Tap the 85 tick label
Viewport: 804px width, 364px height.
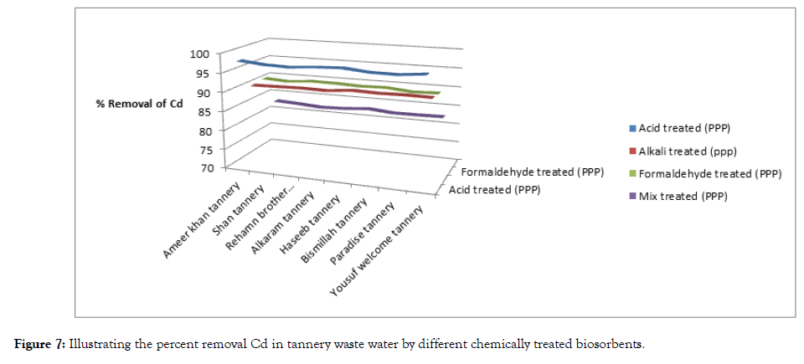pyautogui.click(x=202, y=110)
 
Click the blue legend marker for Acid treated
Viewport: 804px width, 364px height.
pyautogui.click(x=633, y=128)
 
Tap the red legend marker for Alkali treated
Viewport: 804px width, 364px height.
pyautogui.click(x=633, y=151)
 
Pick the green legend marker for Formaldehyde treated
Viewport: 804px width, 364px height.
pyautogui.click(x=633, y=174)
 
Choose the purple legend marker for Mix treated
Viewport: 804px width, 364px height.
pyautogui.click(x=633, y=197)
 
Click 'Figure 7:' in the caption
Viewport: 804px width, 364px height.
pyautogui.click(x=39, y=345)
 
